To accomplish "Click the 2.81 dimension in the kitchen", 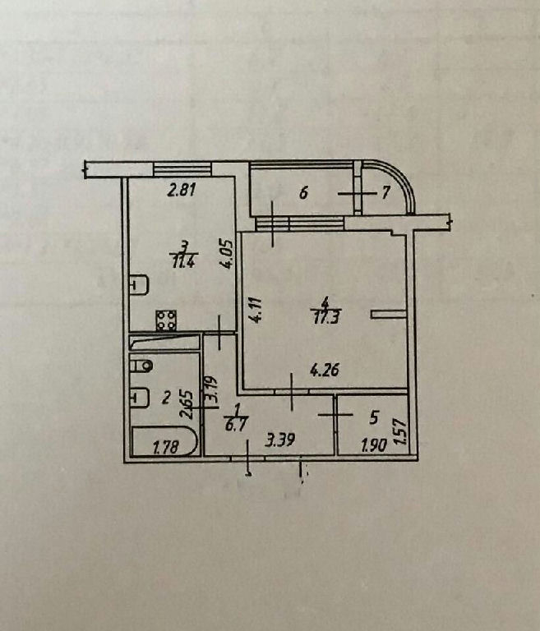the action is point(182,190).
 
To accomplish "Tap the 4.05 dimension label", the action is point(227,255).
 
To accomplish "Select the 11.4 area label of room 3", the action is point(183,262).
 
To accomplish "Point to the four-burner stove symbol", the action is point(166,320).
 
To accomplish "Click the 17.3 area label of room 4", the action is point(325,318).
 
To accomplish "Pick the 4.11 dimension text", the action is point(256,311).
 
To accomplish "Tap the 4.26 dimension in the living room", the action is point(325,370).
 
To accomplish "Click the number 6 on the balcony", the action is point(303,193).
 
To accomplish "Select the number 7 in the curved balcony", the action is point(385,193).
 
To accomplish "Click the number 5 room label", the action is point(374,417).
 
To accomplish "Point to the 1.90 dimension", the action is point(375,445).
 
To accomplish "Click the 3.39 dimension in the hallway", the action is point(280,440).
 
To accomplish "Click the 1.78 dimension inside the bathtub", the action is point(166,447).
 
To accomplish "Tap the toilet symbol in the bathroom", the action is point(141,366).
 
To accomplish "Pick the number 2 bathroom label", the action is point(165,398).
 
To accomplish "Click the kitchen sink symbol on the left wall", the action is point(140,285).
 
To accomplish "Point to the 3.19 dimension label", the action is point(211,389).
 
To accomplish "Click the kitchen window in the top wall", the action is point(182,168).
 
